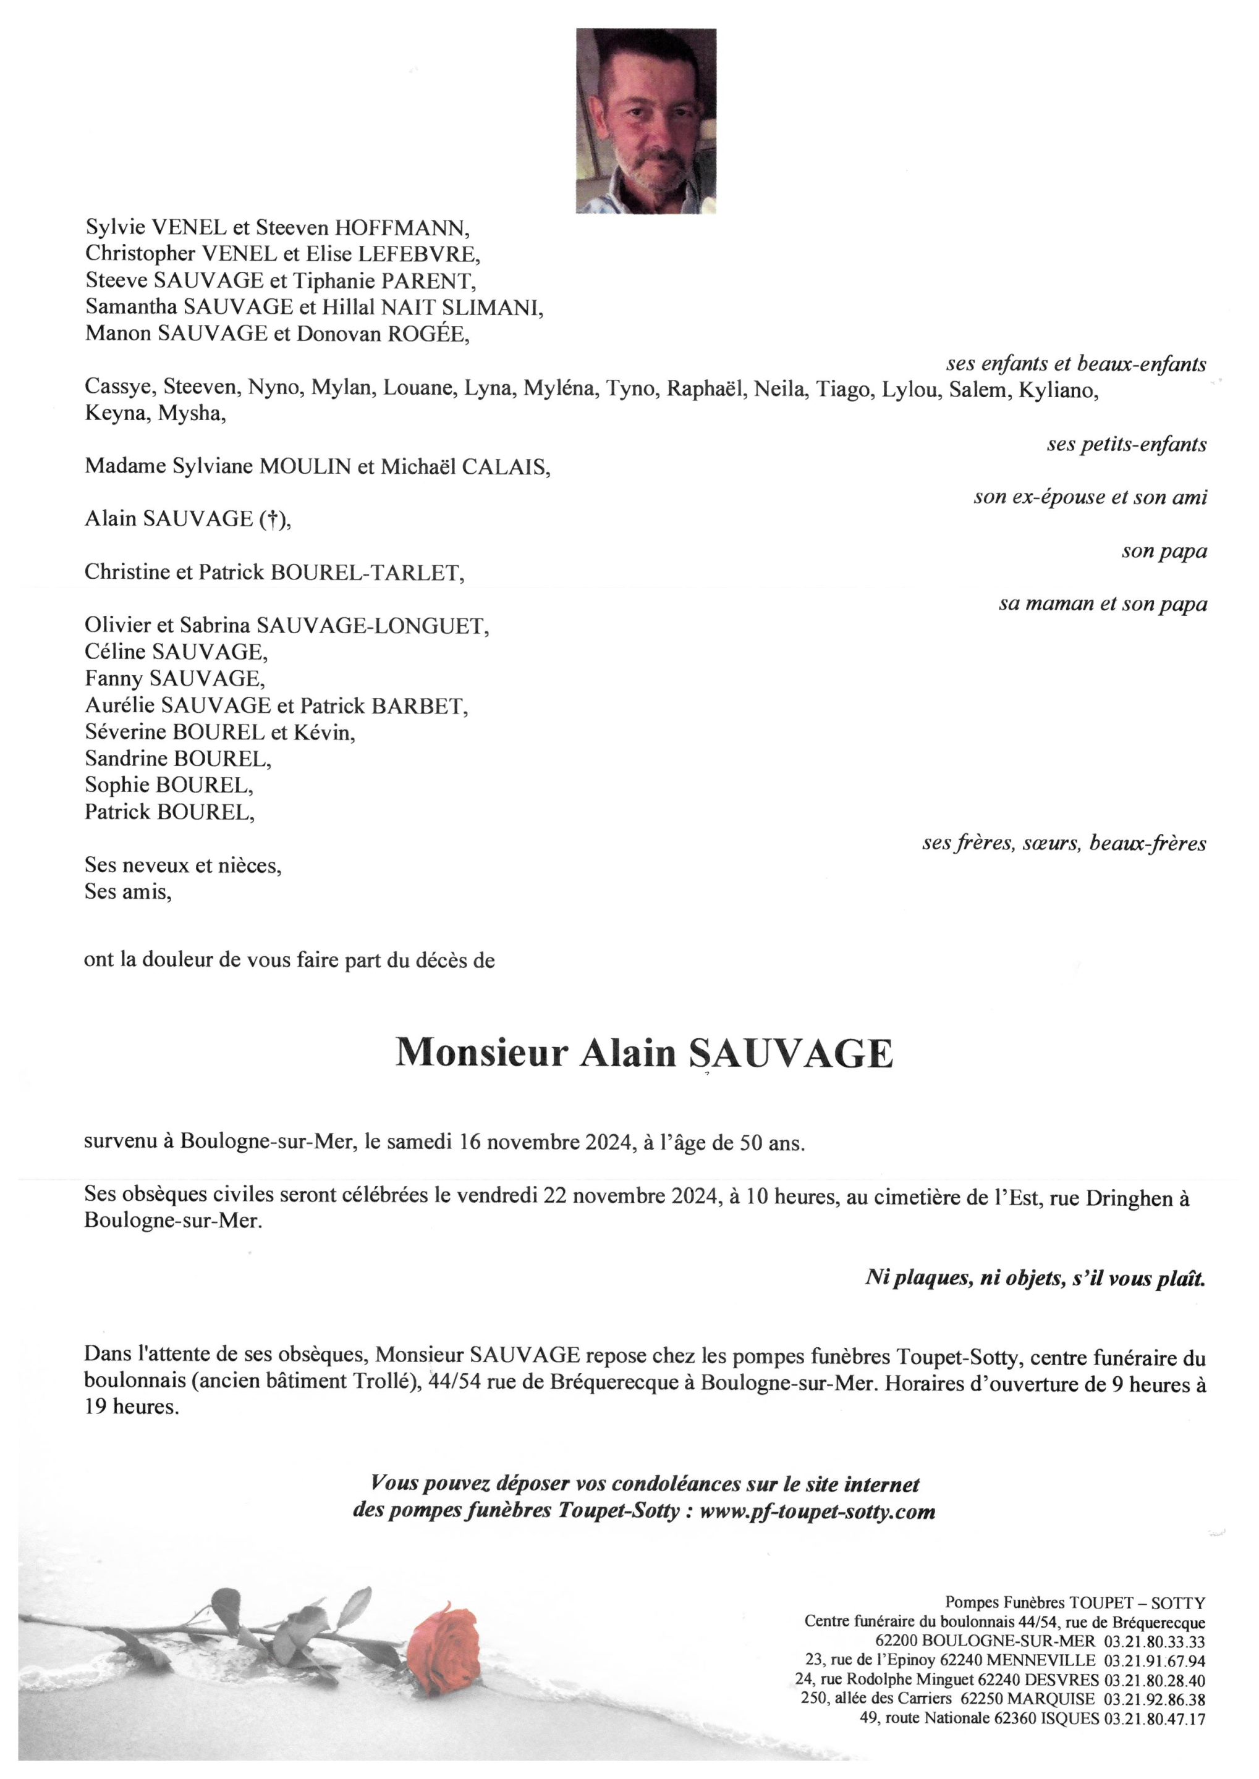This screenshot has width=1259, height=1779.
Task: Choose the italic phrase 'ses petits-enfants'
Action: [1127, 445]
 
